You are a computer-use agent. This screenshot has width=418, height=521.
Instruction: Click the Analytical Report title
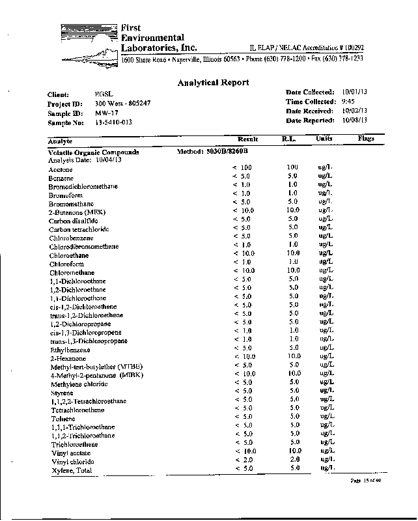pyautogui.click(x=213, y=82)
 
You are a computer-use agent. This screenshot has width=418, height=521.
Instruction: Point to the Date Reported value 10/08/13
pyautogui.click(x=355, y=120)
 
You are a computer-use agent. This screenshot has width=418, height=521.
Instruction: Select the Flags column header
pyautogui.click(x=367, y=139)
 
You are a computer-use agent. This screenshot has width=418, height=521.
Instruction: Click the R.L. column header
pyautogui.click(x=289, y=139)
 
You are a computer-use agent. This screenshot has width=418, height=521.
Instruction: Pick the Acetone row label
pyautogui.click(x=61, y=169)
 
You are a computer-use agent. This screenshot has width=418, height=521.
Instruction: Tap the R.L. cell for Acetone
pyautogui.click(x=292, y=167)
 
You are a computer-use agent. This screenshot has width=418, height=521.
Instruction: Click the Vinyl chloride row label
pyautogui.click(x=71, y=462)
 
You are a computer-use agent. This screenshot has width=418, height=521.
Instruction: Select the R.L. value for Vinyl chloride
pyautogui.click(x=294, y=459)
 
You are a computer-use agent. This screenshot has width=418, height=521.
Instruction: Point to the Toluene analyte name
pyautogui.click(x=62, y=419)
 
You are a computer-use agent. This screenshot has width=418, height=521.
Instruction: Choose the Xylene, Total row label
pyautogui.click(x=70, y=470)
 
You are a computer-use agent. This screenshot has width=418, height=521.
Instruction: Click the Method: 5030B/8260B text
pyautogui.click(x=213, y=151)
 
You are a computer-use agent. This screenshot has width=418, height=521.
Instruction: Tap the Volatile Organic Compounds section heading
pyautogui.click(x=94, y=152)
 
